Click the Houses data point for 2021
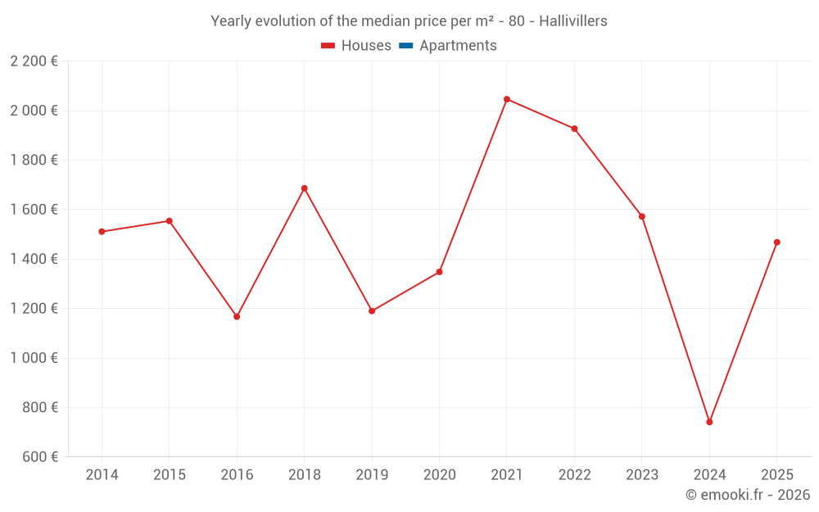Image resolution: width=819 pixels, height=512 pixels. (x=507, y=99)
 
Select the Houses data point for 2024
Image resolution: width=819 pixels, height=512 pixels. (x=709, y=422)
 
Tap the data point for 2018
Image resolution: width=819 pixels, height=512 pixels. (x=305, y=188)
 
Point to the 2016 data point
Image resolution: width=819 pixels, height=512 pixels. (x=237, y=316)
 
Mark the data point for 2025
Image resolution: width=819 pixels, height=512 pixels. (x=777, y=242)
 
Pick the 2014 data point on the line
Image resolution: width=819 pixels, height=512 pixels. (x=102, y=232)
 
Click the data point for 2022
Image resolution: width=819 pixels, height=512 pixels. (x=574, y=129)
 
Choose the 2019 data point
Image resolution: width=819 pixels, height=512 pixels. (x=372, y=311)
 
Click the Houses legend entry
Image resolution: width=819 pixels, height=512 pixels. (x=366, y=46)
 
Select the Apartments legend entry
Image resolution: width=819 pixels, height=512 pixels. (x=458, y=46)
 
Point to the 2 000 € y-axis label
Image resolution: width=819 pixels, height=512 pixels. (x=34, y=111)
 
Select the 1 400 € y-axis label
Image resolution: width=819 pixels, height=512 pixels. (x=34, y=259)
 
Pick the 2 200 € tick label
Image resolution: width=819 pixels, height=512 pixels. (x=34, y=61)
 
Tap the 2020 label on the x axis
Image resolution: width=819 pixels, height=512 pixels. (x=440, y=475)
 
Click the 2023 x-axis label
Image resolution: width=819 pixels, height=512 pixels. (x=642, y=475)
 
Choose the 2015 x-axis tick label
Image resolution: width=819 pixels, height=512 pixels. (x=170, y=475)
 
